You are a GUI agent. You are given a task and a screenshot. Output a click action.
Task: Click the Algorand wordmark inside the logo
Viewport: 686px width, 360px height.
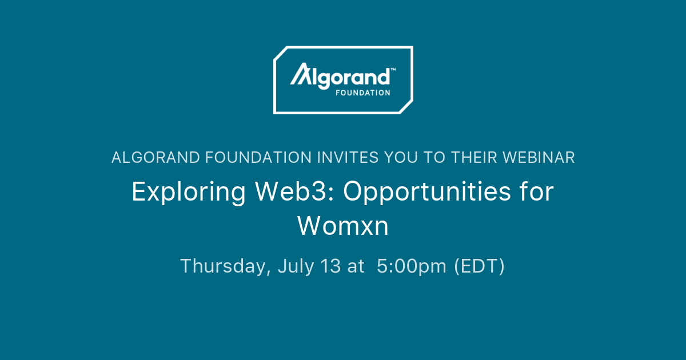point(341,76)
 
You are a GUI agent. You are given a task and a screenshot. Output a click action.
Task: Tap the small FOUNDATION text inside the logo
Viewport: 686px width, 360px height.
point(363,92)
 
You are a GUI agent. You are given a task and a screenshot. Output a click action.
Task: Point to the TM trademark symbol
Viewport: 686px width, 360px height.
point(393,69)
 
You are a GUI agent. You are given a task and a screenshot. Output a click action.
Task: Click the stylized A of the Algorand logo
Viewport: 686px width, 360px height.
point(300,75)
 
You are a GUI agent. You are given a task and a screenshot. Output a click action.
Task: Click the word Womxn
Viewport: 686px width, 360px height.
point(343,226)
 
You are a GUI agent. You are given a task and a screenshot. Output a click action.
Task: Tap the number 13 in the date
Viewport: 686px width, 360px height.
point(332,266)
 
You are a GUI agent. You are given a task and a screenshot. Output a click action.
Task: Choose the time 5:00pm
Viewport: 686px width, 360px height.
point(412,267)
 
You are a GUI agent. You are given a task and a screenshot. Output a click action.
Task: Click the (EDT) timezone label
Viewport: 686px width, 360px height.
point(479,267)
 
